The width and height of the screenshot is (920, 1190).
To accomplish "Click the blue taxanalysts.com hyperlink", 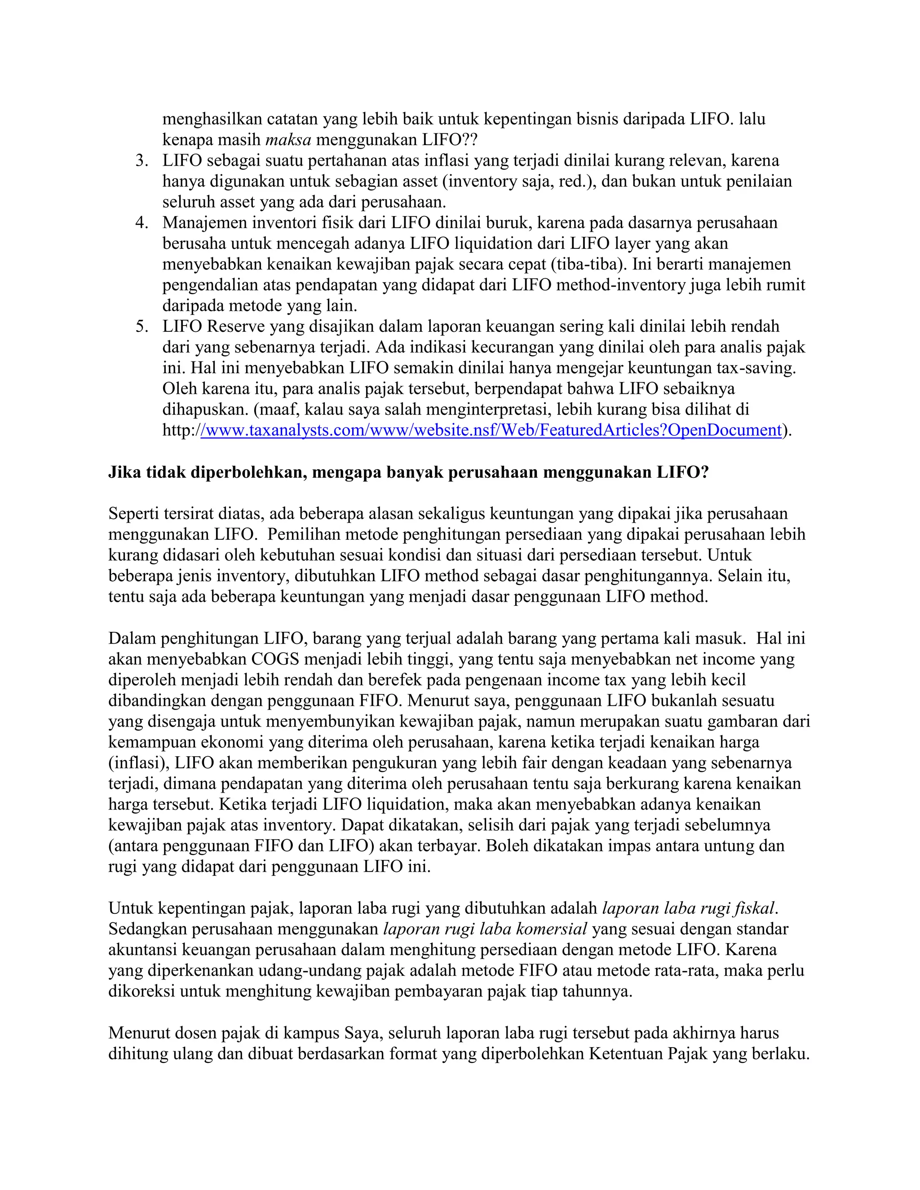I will coord(491,431).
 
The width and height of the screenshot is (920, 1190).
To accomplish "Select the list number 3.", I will coord(142,161).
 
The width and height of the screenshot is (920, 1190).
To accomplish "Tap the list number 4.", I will coord(142,223).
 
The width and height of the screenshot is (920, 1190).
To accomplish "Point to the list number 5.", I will coord(142,326).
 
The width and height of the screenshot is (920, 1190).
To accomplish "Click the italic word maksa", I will coord(288,140).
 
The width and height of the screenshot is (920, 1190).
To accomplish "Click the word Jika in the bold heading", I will coord(125,472).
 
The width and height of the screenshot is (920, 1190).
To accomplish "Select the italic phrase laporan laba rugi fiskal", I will coord(688,908).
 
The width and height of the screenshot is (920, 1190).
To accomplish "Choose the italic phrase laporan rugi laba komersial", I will coord(485,929).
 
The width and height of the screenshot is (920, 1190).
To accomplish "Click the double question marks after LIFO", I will coord(469,140).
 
